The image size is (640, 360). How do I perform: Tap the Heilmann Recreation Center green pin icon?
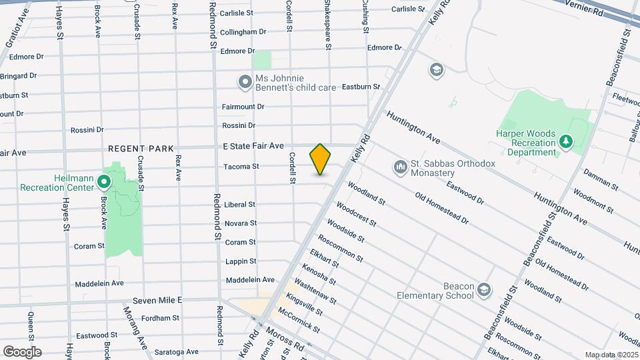[x=104, y=181]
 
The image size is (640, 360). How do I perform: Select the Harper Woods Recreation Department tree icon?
[x=566, y=141]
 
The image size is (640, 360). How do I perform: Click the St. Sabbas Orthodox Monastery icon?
[x=401, y=165]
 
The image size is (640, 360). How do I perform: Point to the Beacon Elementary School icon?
[x=483, y=289]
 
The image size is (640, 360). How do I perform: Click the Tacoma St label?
[x=241, y=166]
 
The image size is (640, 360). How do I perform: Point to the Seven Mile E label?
[x=157, y=301]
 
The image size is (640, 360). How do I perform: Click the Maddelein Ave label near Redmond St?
[x=250, y=280]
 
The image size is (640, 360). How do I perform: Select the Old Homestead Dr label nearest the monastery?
[x=442, y=207]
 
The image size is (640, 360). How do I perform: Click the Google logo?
[x=22, y=351]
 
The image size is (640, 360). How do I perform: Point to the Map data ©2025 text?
[x=610, y=355]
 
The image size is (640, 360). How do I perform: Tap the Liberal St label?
[x=239, y=205]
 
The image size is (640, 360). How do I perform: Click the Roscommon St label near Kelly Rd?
[x=341, y=248]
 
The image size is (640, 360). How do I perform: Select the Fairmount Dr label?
[x=243, y=107]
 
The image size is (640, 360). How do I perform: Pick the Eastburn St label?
[x=360, y=87]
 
